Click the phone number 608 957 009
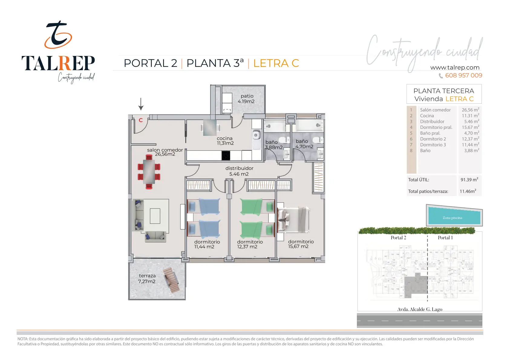464,75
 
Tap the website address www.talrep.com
455,67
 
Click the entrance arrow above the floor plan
141,104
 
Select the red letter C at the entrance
141,120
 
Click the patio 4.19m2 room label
246,99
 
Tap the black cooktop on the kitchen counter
226,156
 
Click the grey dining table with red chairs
149,172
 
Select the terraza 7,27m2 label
147,278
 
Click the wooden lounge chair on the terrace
171,280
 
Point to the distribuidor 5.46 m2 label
239,171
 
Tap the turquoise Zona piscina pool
454,216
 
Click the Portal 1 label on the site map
445,238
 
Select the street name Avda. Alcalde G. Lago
420,309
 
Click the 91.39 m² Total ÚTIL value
469,179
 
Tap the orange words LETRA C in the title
276,63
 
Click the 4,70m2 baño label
304,144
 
